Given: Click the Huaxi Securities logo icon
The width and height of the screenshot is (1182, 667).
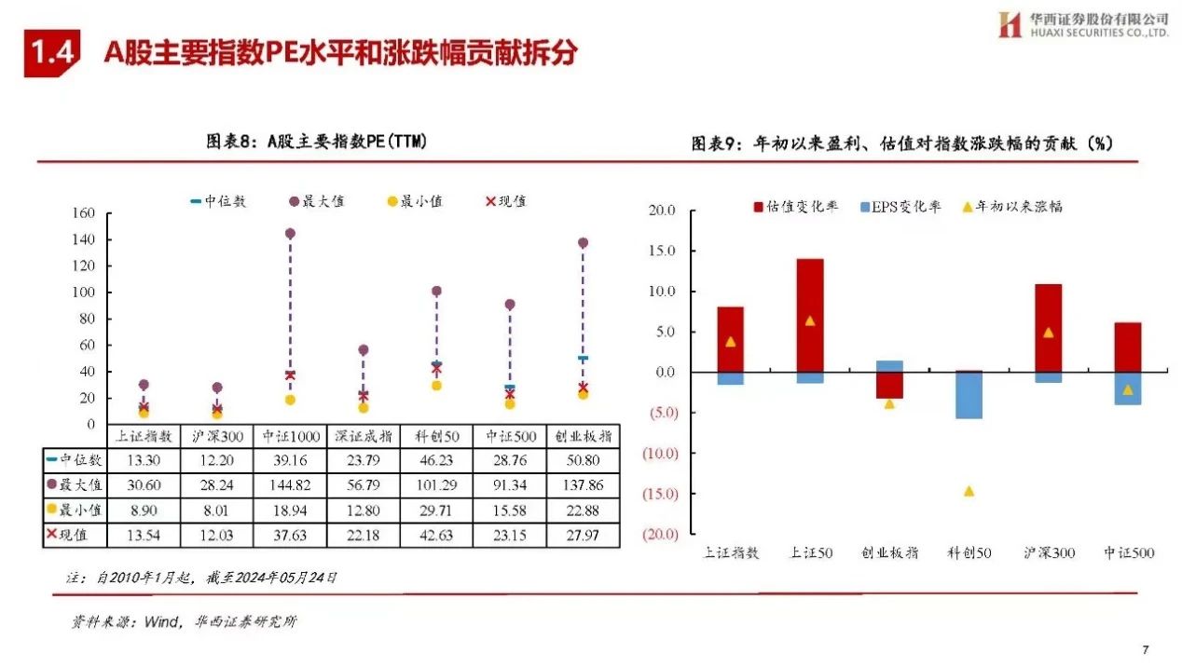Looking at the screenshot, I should [1010, 24].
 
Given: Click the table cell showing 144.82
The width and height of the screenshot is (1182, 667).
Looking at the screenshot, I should [290, 484].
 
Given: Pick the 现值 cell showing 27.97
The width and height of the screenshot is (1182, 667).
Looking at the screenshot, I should [583, 535].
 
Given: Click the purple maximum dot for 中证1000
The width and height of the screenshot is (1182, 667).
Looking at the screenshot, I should [290, 234].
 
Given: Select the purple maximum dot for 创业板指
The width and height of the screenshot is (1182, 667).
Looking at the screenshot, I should [584, 243].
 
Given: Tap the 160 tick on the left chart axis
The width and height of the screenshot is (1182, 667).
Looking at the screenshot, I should [84, 213].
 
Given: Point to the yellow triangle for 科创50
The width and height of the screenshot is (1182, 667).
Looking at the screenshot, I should [969, 491].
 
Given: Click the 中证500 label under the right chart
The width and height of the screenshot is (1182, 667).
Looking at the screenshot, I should [1128, 553].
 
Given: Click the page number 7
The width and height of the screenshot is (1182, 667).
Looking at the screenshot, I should [1146, 649].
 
